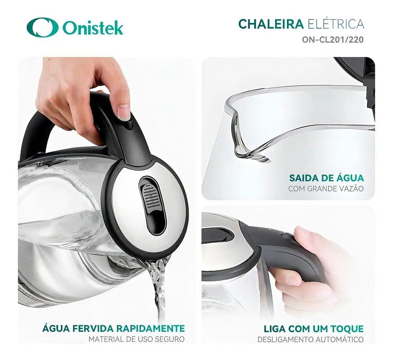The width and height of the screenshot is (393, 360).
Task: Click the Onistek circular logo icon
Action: click(x=43, y=27)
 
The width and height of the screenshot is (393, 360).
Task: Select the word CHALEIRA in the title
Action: click(x=271, y=24)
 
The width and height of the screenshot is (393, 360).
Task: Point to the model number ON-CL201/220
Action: click(x=333, y=40)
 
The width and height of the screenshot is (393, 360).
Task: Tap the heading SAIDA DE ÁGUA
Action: click(x=327, y=178)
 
